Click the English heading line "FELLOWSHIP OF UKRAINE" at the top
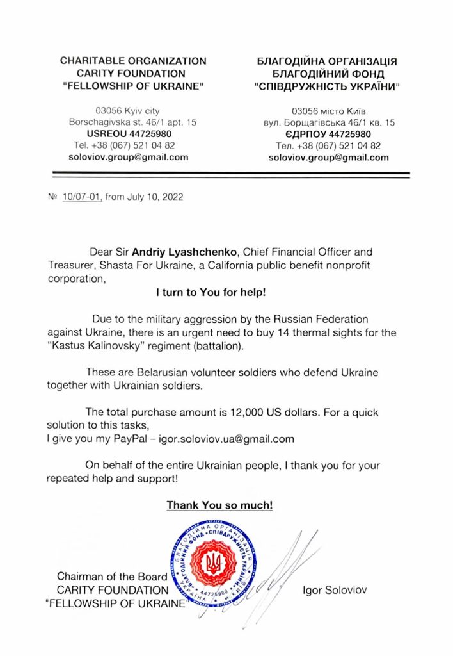point(133,85)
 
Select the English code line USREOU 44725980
point(133,133)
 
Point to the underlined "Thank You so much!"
point(220,505)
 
